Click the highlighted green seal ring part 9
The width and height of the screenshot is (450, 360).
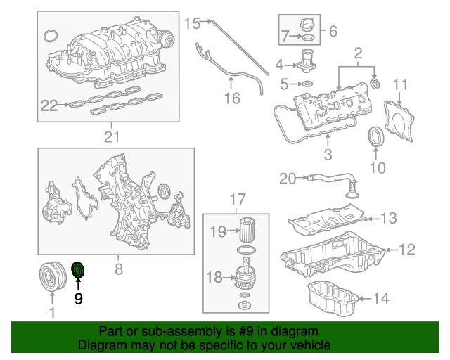point(78,269)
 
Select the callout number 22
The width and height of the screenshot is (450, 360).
point(49,105)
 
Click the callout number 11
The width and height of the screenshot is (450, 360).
point(399,86)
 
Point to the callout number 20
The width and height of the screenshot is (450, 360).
point(287,179)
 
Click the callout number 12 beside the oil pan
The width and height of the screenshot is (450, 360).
point(407,249)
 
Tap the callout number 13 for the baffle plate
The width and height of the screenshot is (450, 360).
point(389,218)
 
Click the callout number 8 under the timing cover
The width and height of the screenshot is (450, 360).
point(118,268)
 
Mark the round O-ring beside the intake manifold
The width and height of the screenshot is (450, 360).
point(51,37)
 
